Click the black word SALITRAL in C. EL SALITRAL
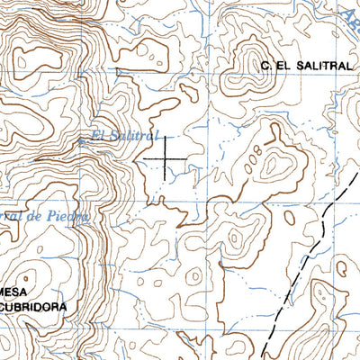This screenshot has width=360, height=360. pos(316,66)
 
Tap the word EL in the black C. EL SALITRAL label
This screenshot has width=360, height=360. pos(281,66)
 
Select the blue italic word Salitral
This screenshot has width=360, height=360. pos(134,136)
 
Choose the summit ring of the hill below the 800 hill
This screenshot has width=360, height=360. pos(237,239)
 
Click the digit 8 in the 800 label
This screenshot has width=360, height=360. pos(261,148)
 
